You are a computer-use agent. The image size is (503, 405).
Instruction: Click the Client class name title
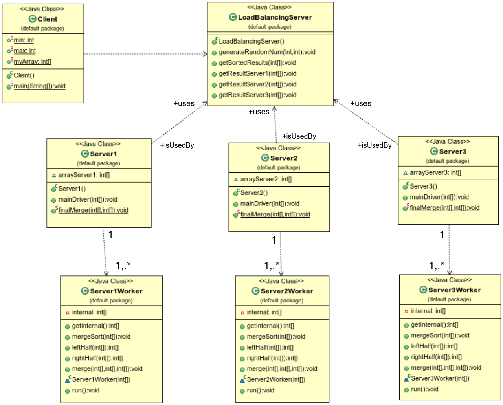coord(47,19)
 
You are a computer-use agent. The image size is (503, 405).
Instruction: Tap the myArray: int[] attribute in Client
coord(32,62)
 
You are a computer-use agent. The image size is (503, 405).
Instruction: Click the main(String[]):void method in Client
coord(39,86)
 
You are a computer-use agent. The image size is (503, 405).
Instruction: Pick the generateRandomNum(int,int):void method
coord(267,52)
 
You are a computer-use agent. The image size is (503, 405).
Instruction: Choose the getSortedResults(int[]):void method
coord(257,63)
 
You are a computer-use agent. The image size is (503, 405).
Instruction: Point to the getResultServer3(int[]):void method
coord(257,95)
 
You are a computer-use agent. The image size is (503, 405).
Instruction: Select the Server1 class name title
coord(103,154)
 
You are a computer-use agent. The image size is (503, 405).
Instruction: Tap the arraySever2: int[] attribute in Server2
coord(266,179)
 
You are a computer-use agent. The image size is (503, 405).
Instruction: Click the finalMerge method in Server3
coord(444,208)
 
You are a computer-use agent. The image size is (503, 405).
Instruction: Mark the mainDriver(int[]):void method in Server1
coord(88,200)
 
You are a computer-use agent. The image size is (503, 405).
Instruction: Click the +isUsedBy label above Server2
coord(299,136)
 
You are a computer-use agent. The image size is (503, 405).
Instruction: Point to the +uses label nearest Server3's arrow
coord(360,104)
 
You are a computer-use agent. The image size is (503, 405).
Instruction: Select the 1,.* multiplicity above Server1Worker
coord(123,266)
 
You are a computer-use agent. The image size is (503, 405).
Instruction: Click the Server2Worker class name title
coord(286,291)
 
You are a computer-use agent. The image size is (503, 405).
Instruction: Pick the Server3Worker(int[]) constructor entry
coord(440,378)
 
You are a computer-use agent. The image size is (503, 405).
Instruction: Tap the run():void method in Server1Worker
coord(85,390)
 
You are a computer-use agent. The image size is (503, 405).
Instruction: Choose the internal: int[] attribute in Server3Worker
coord(428,311)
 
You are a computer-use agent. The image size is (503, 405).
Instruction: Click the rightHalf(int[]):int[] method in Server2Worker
coord(272,358)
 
